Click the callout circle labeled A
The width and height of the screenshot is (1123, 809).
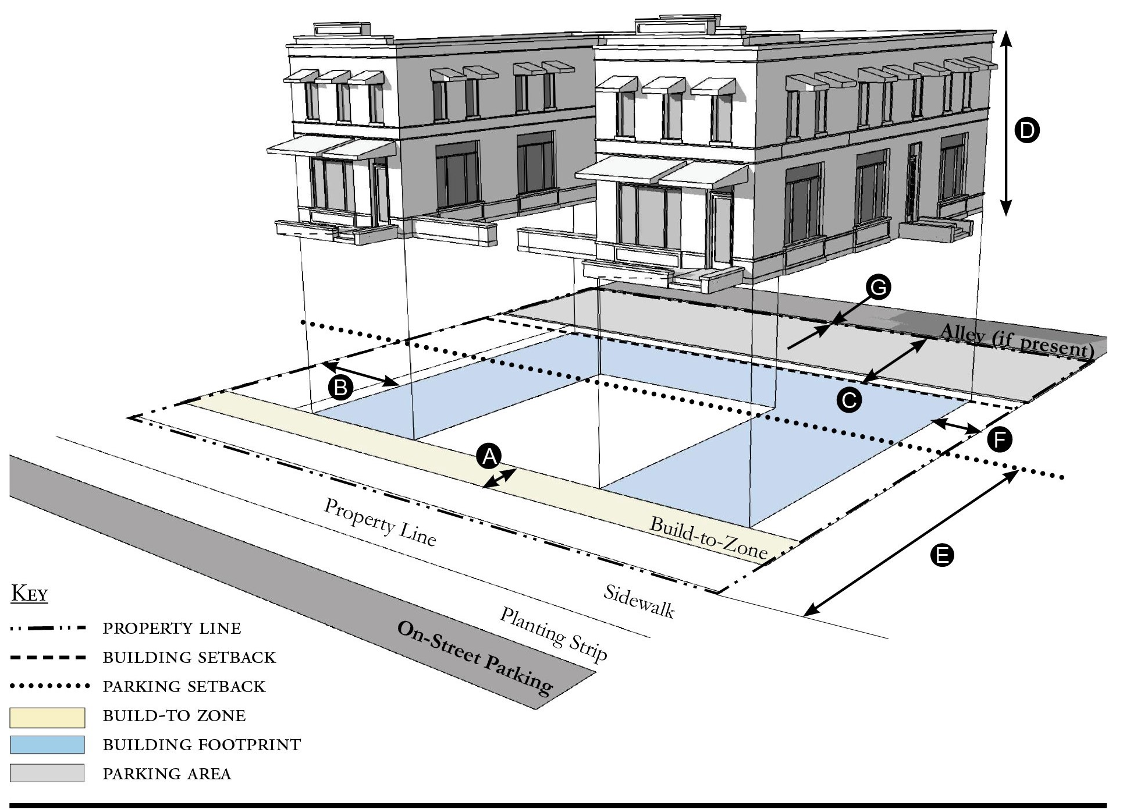pyautogui.click(x=489, y=456)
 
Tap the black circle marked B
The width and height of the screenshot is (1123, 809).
pyautogui.click(x=340, y=387)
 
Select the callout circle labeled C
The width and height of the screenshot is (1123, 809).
pyautogui.click(x=849, y=400)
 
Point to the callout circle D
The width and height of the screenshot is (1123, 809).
pyautogui.click(x=1026, y=130)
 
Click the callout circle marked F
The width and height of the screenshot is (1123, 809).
pyautogui.click(x=1000, y=440)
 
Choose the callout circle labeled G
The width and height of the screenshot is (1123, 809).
pyautogui.click(x=878, y=288)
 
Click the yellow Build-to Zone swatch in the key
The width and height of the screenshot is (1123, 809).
pyautogui.click(x=47, y=718)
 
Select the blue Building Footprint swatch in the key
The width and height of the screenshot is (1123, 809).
pyautogui.click(x=47, y=745)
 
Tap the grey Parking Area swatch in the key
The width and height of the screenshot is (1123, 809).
pyautogui.click(x=47, y=773)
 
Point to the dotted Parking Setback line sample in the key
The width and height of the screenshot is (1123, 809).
pyautogui.click(x=49, y=686)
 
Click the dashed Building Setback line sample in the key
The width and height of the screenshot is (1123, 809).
pyautogui.click(x=48, y=658)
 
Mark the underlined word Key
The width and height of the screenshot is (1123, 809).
pyautogui.click(x=30, y=594)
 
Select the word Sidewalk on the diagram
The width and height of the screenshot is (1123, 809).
pyautogui.click(x=638, y=601)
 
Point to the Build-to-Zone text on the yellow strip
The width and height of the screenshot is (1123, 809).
pyautogui.click(x=708, y=538)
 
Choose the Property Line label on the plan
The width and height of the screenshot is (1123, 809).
pyautogui.click(x=379, y=522)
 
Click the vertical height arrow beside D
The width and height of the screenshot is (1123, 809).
pyautogui.click(x=1006, y=123)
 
